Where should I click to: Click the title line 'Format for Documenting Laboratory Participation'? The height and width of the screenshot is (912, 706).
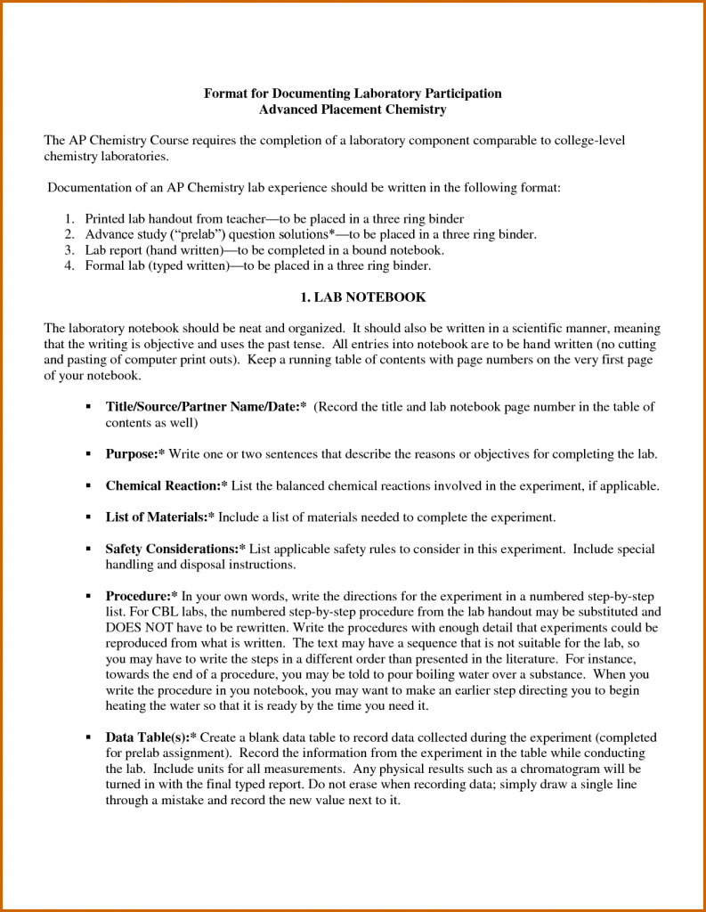353,94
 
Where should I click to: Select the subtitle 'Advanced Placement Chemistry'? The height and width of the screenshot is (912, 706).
353,110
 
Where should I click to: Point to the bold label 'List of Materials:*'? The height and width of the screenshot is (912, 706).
159,517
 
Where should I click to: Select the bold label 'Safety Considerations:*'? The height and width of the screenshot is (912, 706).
175,550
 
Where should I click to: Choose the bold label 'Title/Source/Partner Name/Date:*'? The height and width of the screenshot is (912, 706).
206,407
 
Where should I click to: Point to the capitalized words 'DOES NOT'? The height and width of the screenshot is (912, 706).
134,628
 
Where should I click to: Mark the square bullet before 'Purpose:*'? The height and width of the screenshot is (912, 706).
89,454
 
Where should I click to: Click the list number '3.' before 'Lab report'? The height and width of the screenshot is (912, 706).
69,250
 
